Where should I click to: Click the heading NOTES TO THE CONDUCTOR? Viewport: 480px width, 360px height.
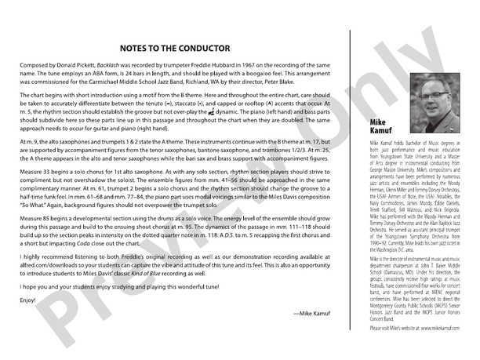pyautogui.click(x=175, y=48)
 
